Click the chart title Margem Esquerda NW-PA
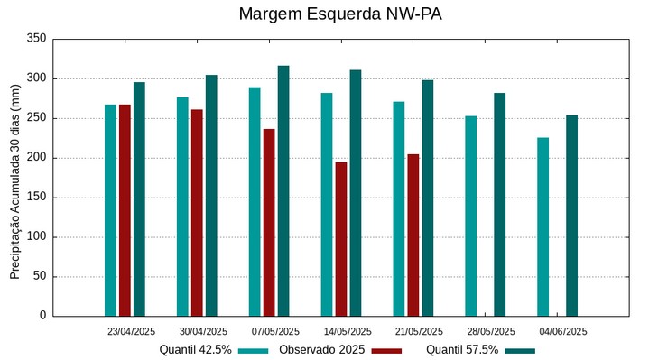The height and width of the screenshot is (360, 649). tap(339, 14)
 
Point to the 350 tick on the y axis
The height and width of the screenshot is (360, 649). tap(36, 39)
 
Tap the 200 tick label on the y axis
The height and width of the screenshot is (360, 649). tap(36, 158)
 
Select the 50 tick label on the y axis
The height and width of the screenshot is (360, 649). tap(39, 276)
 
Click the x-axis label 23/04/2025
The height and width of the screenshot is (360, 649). tap(131, 331)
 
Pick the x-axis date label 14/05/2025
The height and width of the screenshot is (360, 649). tap(348, 331)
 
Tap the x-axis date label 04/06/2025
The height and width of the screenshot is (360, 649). tap(563, 331)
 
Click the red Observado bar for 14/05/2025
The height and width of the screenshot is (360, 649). tap(341, 239)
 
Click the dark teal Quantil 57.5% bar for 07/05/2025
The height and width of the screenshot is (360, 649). tap(283, 190)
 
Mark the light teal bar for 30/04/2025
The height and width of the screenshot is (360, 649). tap(182, 207)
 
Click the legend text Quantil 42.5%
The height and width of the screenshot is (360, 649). tap(196, 350)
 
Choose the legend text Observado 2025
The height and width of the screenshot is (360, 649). tap(321, 350)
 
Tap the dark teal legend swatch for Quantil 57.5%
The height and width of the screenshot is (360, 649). tap(520, 350)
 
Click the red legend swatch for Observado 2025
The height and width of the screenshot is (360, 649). tap(386, 350)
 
